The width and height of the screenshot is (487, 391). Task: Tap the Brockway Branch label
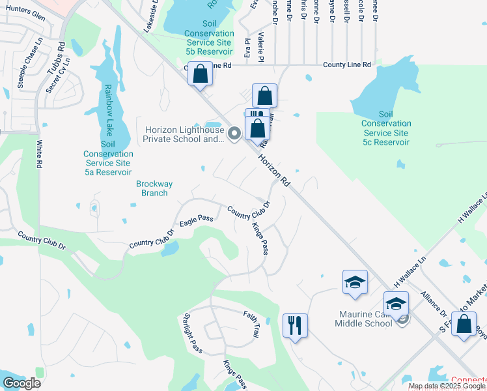click(154, 188)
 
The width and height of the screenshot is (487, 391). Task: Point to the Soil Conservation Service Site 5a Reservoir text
click(108, 158)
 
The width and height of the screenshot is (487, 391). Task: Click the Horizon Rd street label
click(273, 170)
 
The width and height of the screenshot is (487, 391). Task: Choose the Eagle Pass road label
click(197, 222)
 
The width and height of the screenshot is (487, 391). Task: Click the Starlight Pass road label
click(193, 332)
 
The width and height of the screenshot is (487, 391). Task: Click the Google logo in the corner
click(21, 383)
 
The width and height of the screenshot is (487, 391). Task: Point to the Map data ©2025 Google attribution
click(447, 386)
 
